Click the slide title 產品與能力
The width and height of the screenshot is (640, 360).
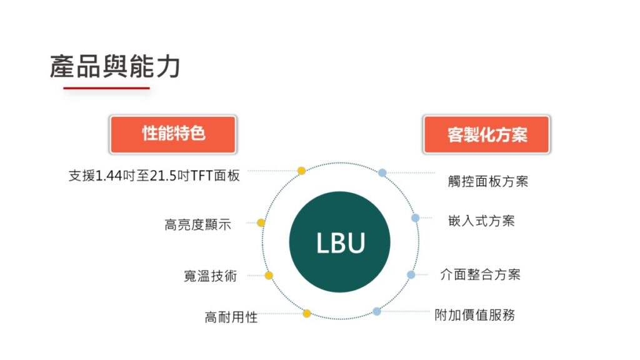pos(115,66)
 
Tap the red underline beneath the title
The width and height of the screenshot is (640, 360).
pos(106,87)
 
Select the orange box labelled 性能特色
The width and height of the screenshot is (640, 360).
pos(173,134)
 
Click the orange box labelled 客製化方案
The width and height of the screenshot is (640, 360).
pos(486,134)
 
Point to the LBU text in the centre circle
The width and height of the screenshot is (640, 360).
pos(341,243)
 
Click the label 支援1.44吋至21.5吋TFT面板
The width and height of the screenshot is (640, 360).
pos(154,176)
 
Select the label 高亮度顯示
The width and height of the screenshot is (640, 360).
pos(197,224)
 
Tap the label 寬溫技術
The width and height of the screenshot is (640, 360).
pos(210,276)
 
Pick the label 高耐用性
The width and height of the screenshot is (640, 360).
pos(231,317)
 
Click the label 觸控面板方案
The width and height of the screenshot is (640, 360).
pos(487,181)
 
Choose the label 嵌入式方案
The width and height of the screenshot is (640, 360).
pos(481,221)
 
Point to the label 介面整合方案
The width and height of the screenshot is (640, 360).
pos(481,274)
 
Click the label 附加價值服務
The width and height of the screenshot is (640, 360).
pos(475,315)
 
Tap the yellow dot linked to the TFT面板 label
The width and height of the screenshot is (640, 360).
pos(302,171)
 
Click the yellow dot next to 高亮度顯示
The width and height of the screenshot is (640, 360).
pos(261,222)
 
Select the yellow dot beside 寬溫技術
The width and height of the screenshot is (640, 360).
pos(269,276)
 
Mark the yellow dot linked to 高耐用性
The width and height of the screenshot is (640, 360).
pos(307,314)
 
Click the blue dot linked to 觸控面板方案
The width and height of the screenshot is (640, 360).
pos(382,172)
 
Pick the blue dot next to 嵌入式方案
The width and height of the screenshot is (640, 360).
pos(416,218)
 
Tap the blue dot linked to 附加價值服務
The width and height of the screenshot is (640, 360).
pos(377,311)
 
